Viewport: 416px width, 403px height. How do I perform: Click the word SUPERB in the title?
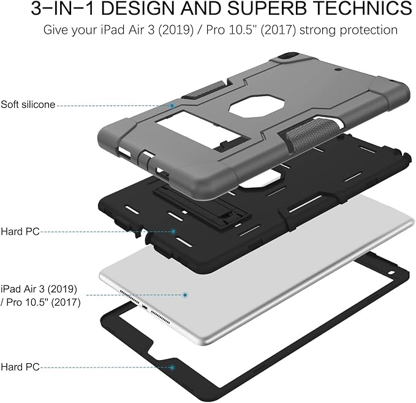click(267, 8)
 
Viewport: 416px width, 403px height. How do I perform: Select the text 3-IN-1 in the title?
click(63, 8)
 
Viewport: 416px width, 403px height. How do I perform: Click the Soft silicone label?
click(28, 105)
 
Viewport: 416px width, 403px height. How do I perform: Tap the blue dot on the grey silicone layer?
click(172, 106)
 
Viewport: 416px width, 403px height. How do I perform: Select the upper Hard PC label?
click(20, 232)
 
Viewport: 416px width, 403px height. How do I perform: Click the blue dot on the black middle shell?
click(173, 232)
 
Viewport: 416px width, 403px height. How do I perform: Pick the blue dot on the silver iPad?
click(185, 295)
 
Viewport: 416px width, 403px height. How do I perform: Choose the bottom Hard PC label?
click(20, 367)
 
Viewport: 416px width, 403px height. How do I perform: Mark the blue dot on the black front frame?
click(172, 367)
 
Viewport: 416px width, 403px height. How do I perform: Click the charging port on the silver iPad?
click(145, 307)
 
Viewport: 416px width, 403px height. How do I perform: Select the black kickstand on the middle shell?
click(202, 203)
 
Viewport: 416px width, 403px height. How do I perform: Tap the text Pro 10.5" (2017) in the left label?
click(43, 302)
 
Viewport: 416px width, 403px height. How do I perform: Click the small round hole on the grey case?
click(339, 70)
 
